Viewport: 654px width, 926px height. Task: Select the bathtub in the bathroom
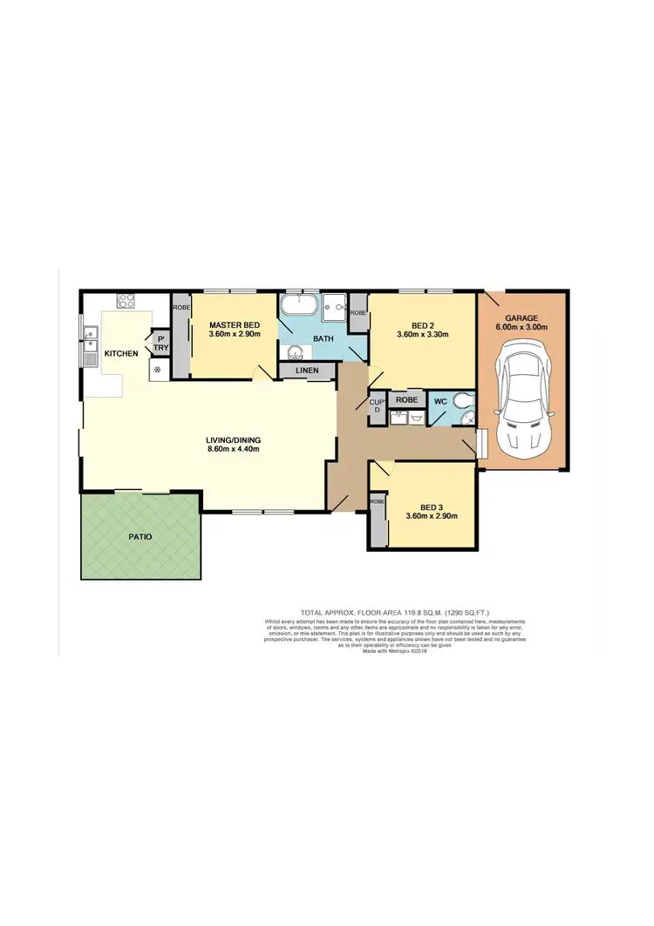[x=298, y=308]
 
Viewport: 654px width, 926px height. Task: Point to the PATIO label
[x=140, y=537]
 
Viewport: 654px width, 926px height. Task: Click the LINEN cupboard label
[x=307, y=371]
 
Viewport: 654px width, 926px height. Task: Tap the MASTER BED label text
[x=234, y=324]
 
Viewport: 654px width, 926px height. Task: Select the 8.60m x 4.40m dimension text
[x=233, y=449]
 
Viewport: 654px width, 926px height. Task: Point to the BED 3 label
[x=432, y=507]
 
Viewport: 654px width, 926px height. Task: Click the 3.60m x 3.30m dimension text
[x=422, y=334]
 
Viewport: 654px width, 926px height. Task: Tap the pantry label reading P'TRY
[x=161, y=343]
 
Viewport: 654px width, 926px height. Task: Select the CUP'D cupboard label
[x=377, y=405]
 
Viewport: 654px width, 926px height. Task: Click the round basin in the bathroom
[x=294, y=352]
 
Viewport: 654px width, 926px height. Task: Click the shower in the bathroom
[x=334, y=306]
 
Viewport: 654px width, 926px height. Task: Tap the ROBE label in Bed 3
[x=377, y=503]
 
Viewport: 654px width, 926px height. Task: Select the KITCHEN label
[x=121, y=354]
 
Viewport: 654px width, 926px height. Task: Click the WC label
[x=440, y=402]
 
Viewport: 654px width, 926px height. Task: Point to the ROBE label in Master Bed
[x=181, y=308]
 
